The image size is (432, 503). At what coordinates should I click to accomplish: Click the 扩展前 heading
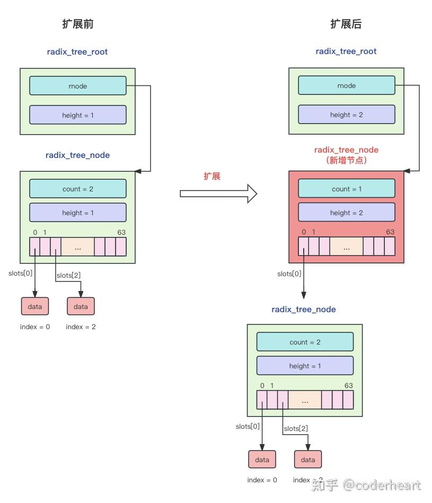78,24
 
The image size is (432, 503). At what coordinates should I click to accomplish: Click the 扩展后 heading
346,24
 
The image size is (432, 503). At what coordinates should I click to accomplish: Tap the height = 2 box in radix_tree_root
346,114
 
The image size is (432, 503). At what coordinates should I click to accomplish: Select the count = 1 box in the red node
346,189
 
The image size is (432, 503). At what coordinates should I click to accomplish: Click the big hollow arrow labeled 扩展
218,193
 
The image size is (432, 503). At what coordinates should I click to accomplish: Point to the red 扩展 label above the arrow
212,177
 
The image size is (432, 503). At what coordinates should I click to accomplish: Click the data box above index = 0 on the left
35,306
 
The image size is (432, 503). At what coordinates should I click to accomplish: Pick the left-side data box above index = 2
81,306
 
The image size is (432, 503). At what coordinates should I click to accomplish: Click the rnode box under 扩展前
78,86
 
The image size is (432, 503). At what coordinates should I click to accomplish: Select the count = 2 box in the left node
78,189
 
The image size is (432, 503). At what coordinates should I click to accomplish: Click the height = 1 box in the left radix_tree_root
78,115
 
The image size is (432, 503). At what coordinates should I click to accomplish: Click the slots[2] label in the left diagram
68,275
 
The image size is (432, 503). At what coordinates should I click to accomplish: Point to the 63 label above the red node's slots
390,232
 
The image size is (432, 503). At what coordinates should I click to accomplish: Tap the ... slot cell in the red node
346,247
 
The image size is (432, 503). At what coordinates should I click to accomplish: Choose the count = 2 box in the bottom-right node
305,342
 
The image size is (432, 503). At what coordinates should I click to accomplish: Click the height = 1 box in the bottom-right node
305,366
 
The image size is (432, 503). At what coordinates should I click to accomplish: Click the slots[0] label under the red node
289,274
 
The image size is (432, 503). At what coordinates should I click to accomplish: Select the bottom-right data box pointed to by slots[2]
308,460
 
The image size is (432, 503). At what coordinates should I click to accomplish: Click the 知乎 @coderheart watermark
367,484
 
